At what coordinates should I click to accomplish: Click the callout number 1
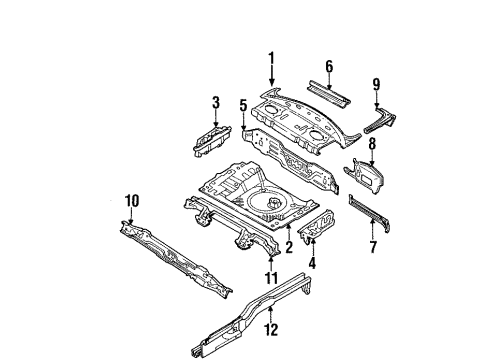[272, 58]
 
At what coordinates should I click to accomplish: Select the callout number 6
[329, 67]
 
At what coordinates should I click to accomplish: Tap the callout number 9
[376, 84]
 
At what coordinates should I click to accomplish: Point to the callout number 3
[216, 102]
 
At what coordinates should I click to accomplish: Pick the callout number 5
[244, 106]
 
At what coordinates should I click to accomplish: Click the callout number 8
[372, 144]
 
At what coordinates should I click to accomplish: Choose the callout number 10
[132, 201]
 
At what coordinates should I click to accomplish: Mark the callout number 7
[373, 247]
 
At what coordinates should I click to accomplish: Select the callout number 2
[289, 247]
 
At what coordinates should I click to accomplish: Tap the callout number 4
[312, 262]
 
